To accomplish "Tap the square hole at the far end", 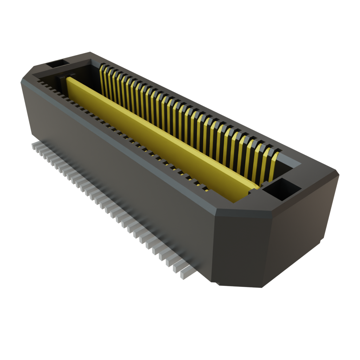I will tap(56, 64).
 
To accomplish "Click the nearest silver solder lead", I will tap(185, 274).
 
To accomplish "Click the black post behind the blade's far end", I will tap(63, 84).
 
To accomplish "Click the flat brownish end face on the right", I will tap(302, 229).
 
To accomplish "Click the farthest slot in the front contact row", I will tap(39, 82).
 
